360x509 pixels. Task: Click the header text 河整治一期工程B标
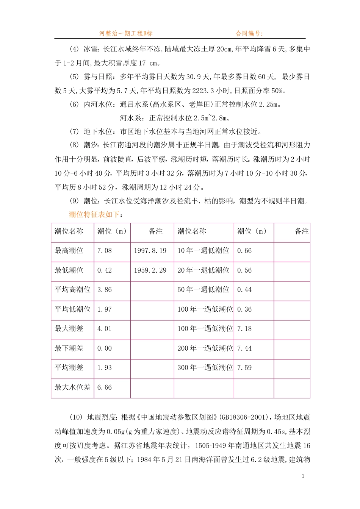[126, 33]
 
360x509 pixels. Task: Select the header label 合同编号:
[249, 33]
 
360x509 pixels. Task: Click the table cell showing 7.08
[105, 251]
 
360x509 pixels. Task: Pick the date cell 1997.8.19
[150, 251]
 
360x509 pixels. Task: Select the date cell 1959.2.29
[150, 270]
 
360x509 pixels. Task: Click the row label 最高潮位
[69, 251]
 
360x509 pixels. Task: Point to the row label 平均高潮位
[72, 290]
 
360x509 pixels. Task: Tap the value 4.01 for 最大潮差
[105, 329]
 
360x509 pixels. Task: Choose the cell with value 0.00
[105, 348]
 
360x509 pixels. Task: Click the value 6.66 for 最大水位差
[105, 387]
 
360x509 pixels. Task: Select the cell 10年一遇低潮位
[203, 251]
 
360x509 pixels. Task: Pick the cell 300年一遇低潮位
[205, 368]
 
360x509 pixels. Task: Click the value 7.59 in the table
[244, 368]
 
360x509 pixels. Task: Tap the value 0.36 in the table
[244, 309]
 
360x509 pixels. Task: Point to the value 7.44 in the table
[244, 348]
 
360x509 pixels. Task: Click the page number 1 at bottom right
[303, 476]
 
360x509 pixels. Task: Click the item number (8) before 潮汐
[74, 145]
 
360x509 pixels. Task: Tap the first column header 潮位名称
[69, 231]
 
